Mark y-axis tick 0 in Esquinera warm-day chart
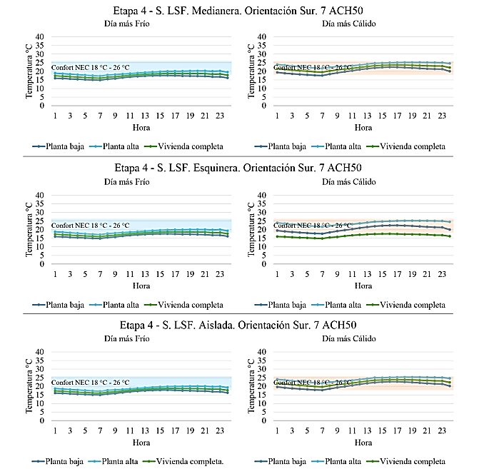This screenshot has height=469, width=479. click(x=264, y=264)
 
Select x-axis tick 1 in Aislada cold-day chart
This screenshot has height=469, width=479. click(x=55, y=432)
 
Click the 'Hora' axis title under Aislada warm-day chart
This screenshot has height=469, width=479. click(x=363, y=443)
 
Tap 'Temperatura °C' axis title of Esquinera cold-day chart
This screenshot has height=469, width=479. click(x=30, y=229)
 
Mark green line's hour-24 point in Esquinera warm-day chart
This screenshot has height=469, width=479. click(x=450, y=236)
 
